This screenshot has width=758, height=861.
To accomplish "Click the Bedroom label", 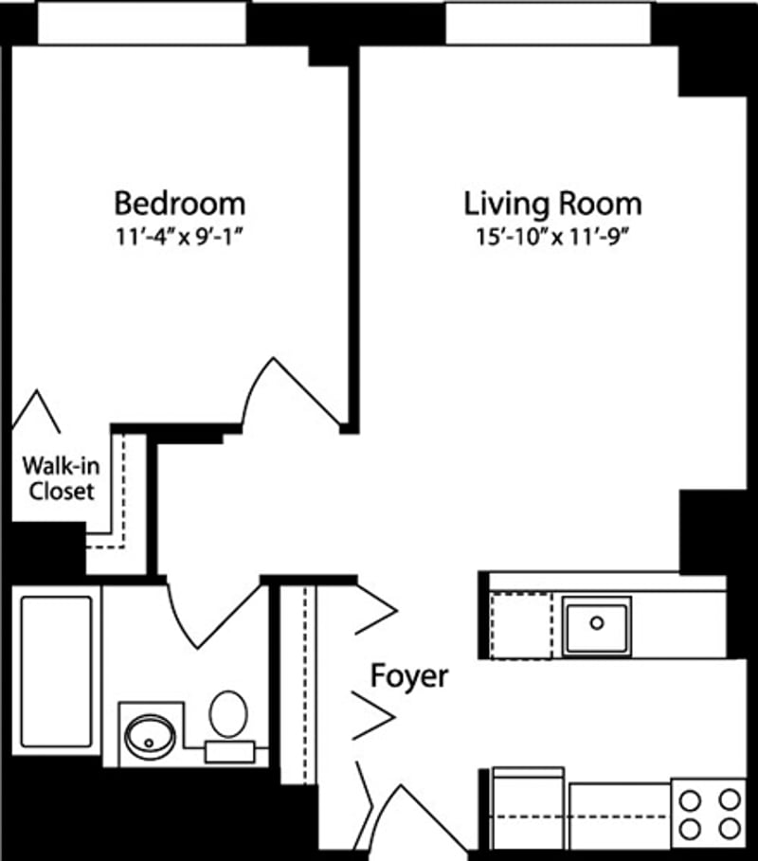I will click(x=179, y=204).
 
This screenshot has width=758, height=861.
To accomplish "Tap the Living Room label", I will click(x=552, y=204).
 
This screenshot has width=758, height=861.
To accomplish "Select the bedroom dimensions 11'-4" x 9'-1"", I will click(x=179, y=234).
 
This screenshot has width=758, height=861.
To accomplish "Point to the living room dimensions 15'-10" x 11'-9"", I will click(x=552, y=234).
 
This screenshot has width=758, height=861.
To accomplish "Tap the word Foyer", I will click(x=408, y=676).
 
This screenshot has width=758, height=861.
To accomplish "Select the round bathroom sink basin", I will click(x=150, y=733).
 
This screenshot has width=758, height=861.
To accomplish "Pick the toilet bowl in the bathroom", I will click(x=228, y=713).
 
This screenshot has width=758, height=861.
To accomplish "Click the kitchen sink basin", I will click(x=597, y=624).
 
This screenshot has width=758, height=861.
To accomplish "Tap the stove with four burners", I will click(x=709, y=813).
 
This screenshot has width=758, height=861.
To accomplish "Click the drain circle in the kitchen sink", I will click(x=597, y=622).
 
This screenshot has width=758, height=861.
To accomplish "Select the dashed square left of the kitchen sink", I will click(x=520, y=625).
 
